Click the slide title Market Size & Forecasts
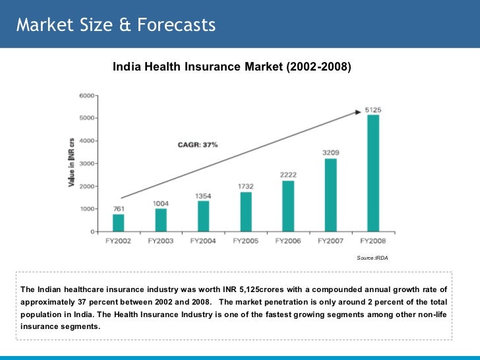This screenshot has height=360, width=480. tap(116, 25)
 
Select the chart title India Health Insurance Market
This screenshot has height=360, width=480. tap(232, 67)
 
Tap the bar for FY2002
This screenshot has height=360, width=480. tap(118, 223)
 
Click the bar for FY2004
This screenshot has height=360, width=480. tap(203, 216)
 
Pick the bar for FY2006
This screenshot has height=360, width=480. tap(288, 206)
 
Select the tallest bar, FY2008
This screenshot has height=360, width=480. tap(373, 173)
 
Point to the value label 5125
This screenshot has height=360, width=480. tap(373, 109)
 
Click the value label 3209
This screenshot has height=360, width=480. tap(331, 153)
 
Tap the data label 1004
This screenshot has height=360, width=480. tap(161, 203)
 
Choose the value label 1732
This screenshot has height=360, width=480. tap(246, 187)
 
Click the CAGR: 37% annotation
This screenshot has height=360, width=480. tap(197, 144)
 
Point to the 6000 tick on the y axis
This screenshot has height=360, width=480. tap(86, 96)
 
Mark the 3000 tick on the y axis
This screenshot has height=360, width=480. tap(86, 164)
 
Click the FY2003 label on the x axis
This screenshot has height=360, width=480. tap(161, 241)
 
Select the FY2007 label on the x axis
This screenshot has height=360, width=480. tap(331, 241)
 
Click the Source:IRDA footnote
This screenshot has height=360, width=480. tap(373, 258)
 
